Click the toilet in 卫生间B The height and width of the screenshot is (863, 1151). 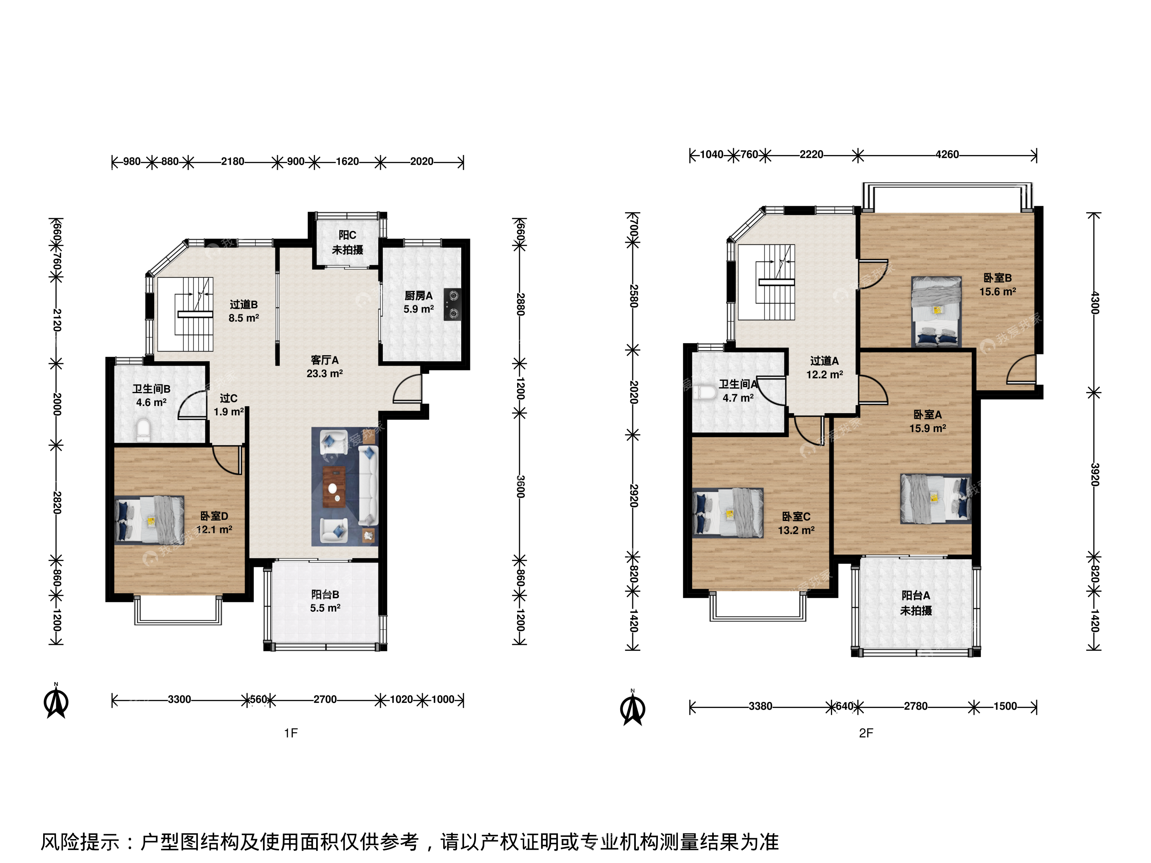click(143, 430)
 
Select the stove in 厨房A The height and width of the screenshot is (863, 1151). click(453, 304)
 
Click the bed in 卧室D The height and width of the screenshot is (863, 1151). click(149, 519)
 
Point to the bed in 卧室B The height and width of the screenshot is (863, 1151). click(936, 311)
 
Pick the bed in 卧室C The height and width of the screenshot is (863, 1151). click(728, 512)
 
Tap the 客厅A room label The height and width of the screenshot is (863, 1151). click(325, 367)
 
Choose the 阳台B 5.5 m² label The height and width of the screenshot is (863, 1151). click(325, 601)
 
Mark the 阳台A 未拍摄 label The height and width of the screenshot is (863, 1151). click(916, 603)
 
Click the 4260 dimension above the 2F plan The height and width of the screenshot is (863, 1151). click(947, 155)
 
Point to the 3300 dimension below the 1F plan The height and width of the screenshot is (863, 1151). click(179, 699)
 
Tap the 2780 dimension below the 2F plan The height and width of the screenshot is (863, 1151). click(916, 706)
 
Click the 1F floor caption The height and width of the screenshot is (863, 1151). click(291, 733)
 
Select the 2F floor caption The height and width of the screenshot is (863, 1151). click(866, 733)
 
